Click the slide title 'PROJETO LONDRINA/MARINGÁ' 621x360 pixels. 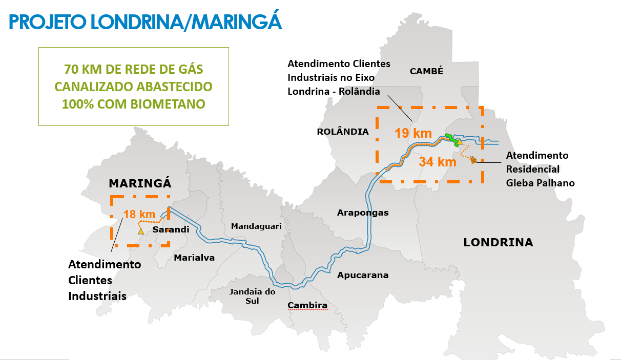click(x=146, y=22)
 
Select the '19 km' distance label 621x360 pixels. click(x=413, y=134)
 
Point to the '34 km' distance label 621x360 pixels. click(x=437, y=162)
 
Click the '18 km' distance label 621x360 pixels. click(x=139, y=214)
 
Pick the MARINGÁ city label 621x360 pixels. click(x=140, y=183)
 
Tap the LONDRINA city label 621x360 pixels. click(x=498, y=243)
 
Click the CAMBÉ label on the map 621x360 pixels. click(x=426, y=72)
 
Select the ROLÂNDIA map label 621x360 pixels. click(x=343, y=132)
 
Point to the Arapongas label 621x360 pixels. click(x=363, y=213)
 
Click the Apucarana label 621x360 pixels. click(x=363, y=275)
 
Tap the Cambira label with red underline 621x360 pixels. click(x=307, y=306)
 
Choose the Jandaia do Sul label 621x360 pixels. click(x=252, y=296)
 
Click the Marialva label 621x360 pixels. click(x=194, y=258)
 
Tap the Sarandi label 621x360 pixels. click(x=171, y=229)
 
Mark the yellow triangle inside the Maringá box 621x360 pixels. click(x=140, y=231)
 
